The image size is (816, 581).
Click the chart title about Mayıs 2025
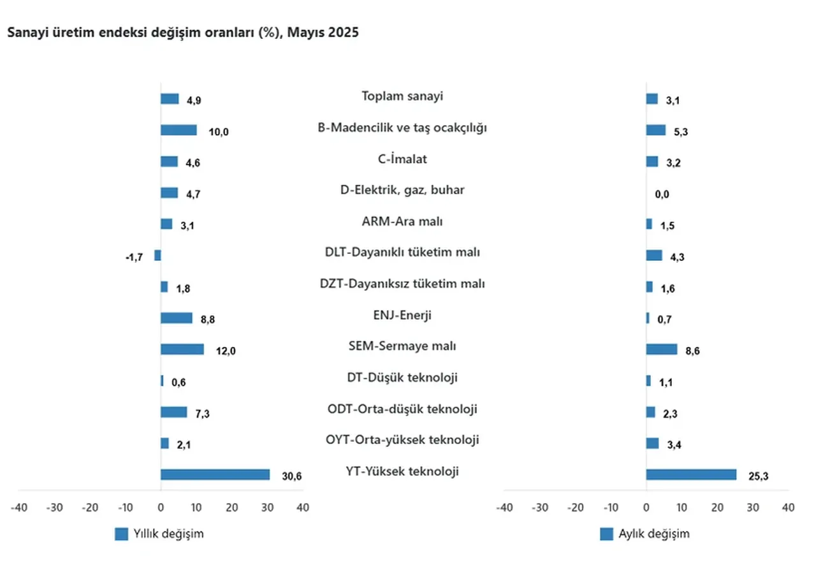(x=183, y=33)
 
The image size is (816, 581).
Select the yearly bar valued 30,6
(x=215, y=474)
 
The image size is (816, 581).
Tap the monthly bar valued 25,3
(x=691, y=474)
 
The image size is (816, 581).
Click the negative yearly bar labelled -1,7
(x=157, y=255)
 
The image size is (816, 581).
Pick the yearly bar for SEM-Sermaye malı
(x=182, y=349)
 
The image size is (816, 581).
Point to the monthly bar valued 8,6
(x=662, y=349)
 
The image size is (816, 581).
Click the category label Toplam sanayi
(x=402, y=96)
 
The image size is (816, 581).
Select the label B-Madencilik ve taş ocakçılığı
(x=402, y=128)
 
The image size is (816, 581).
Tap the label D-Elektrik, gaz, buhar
(x=402, y=190)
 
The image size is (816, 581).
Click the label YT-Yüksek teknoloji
(x=402, y=472)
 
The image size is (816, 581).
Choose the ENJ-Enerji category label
(x=402, y=315)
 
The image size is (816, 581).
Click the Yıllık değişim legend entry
(x=159, y=534)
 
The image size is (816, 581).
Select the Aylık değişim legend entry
(x=645, y=534)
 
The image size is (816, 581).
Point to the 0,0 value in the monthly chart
(x=662, y=195)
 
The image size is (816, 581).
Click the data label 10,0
(x=218, y=132)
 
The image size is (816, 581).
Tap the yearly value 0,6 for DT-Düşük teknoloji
(x=179, y=383)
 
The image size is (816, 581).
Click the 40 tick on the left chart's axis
(x=303, y=508)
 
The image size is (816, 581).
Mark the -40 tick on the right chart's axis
(x=504, y=508)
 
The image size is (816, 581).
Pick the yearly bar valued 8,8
(x=177, y=318)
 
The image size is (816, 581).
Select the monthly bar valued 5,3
(x=656, y=130)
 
